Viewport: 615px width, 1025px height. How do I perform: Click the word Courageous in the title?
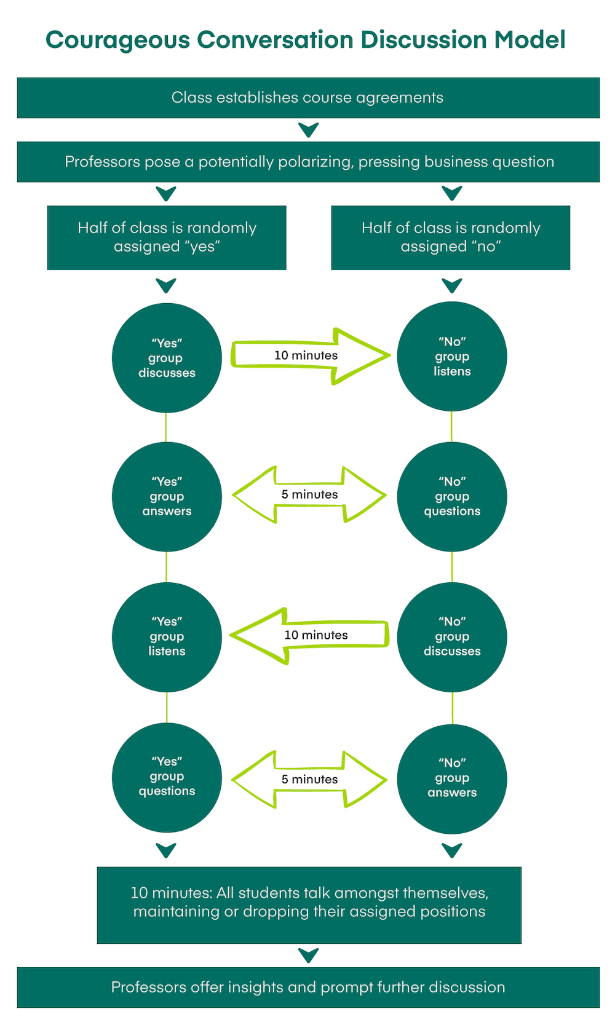pyautogui.click(x=117, y=40)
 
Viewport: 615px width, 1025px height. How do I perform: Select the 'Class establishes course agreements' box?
pyautogui.click(x=308, y=98)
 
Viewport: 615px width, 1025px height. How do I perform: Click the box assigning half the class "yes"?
pyautogui.click(x=167, y=237)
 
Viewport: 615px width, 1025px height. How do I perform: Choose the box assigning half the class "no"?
pyautogui.click(x=451, y=237)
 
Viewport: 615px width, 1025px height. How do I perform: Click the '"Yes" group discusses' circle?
pyautogui.click(x=167, y=358)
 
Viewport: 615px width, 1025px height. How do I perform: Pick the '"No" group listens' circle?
pyautogui.click(x=452, y=357)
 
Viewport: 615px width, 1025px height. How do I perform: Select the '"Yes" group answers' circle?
pyautogui.click(x=167, y=496)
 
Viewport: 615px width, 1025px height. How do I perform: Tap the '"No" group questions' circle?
pyautogui.click(x=452, y=496)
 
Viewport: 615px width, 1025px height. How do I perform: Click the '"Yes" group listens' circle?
pyautogui.click(x=167, y=637)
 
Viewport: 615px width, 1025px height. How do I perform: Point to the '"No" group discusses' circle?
pyautogui.click(x=452, y=637)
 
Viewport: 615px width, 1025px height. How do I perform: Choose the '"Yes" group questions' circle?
pyautogui.click(x=167, y=777)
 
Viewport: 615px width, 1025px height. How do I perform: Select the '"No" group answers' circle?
pyautogui.click(x=452, y=778)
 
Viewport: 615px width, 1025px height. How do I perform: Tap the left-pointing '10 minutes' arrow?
pyautogui.click(x=309, y=636)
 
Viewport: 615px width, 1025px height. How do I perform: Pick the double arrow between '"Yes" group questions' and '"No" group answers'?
pyautogui.click(x=309, y=779)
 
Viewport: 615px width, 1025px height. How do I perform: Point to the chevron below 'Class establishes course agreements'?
pyautogui.click(x=308, y=130)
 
